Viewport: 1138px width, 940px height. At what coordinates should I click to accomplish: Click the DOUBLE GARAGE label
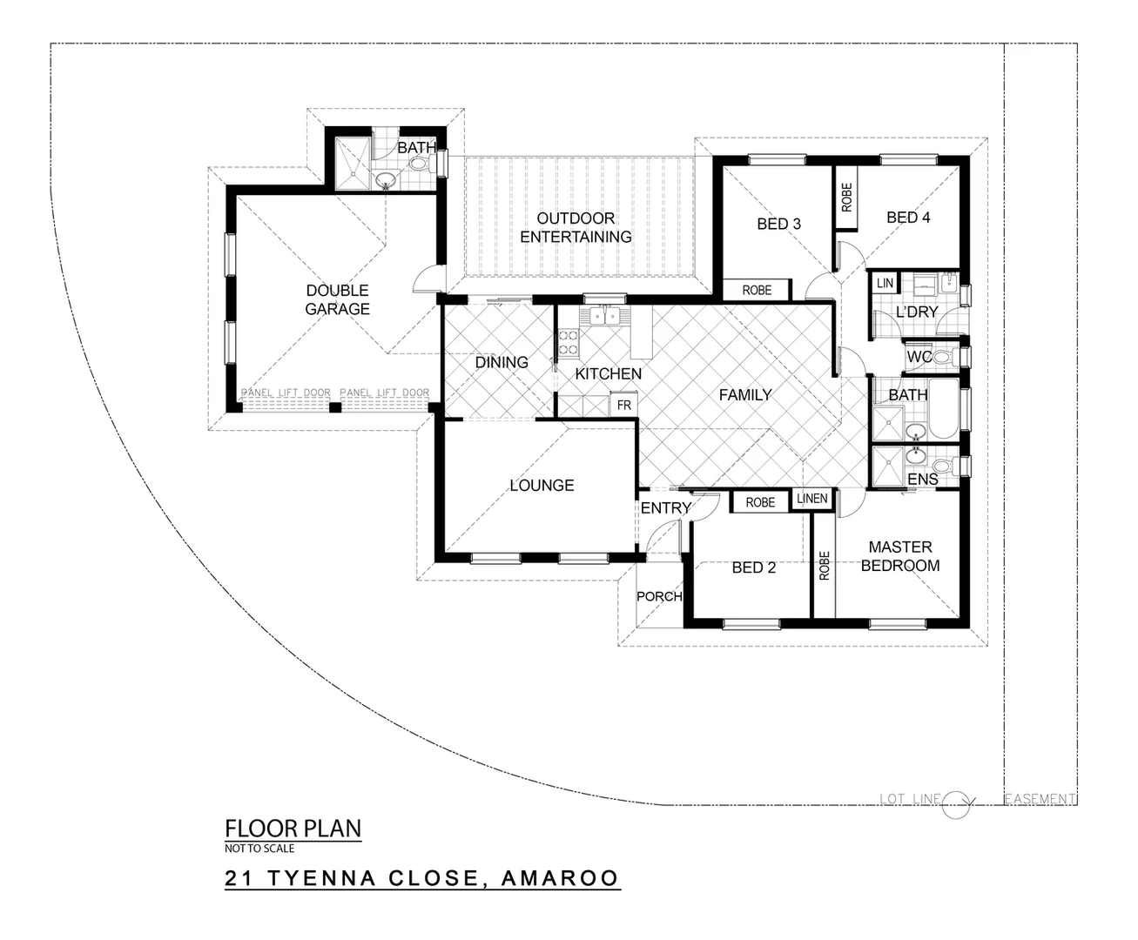tap(337, 299)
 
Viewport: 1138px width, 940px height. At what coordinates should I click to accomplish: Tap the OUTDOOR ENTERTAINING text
tap(576, 227)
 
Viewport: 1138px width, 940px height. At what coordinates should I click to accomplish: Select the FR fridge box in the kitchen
tap(623, 405)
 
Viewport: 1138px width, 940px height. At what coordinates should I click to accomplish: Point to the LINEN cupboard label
tap(811, 500)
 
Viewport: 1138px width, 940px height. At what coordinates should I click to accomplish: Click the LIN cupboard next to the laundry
tap(885, 283)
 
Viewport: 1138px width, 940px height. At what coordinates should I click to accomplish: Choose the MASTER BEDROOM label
tap(900, 556)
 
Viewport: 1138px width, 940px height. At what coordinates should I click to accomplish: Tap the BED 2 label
tap(753, 567)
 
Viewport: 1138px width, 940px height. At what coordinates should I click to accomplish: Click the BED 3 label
tap(778, 224)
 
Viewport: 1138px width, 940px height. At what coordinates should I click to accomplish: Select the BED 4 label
tap(908, 218)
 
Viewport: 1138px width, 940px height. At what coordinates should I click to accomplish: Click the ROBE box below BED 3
tap(757, 290)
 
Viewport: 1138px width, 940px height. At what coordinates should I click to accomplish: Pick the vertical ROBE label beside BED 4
tap(846, 198)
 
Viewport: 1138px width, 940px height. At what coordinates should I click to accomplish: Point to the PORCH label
tap(659, 596)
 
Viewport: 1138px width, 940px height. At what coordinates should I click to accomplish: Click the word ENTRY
tap(665, 508)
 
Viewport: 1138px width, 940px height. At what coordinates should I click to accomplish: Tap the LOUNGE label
tap(542, 485)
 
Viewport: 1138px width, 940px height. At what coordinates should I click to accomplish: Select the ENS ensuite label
tap(922, 480)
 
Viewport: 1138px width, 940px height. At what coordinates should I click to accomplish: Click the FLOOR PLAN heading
tap(293, 828)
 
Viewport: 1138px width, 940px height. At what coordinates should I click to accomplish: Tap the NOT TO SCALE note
tap(259, 849)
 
